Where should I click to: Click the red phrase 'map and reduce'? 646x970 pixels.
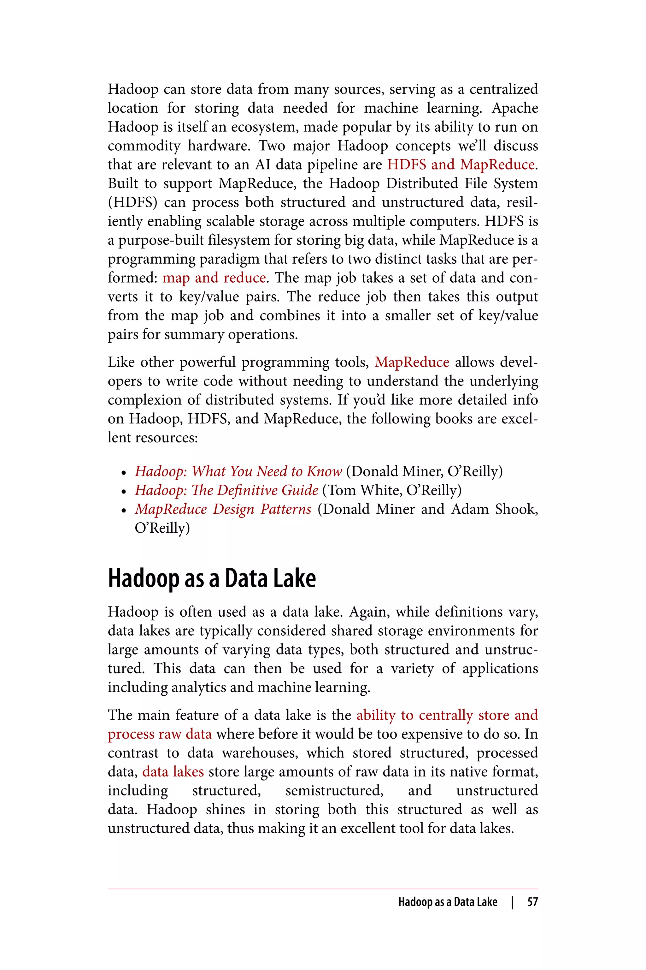click(x=214, y=278)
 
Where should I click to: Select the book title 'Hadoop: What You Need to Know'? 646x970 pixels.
click(x=238, y=471)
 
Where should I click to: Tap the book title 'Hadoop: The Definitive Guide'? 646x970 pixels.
click(x=226, y=490)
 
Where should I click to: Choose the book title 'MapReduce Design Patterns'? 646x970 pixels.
click(x=223, y=509)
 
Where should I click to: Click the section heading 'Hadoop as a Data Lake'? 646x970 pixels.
click(x=212, y=578)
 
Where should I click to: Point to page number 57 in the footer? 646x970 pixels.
click(x=532, y=902)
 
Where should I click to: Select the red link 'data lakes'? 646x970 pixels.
click(x=173, y=772)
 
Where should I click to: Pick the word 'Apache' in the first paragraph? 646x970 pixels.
click(x=515, y=108)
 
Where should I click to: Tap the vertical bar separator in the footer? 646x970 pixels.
click(x=512, y=902)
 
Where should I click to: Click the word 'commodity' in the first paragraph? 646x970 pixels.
click(x=144, y=146)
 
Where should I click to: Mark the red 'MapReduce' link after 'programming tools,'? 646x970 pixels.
click(x=412, y=362)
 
